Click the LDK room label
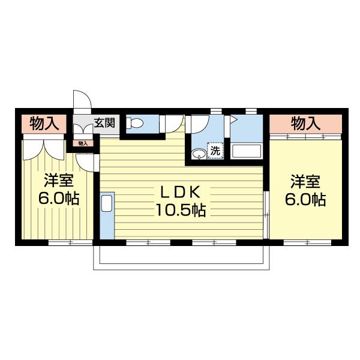(x=182, y=193)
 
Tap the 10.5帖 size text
(x=182, y=211)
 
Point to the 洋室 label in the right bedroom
(x=305, y=181)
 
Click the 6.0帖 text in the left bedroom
(x=58, y=199)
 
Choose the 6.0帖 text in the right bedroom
(x=305, y=199)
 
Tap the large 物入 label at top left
(x=44, y=124)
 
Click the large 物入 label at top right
(x=305, y=124)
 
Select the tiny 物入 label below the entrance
(x=83, y=143)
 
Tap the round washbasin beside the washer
(x=197, y=154)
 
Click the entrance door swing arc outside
(x=81, y=101)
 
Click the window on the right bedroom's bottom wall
(x=307, y=242)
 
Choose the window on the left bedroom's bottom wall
(x=70, y=242)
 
